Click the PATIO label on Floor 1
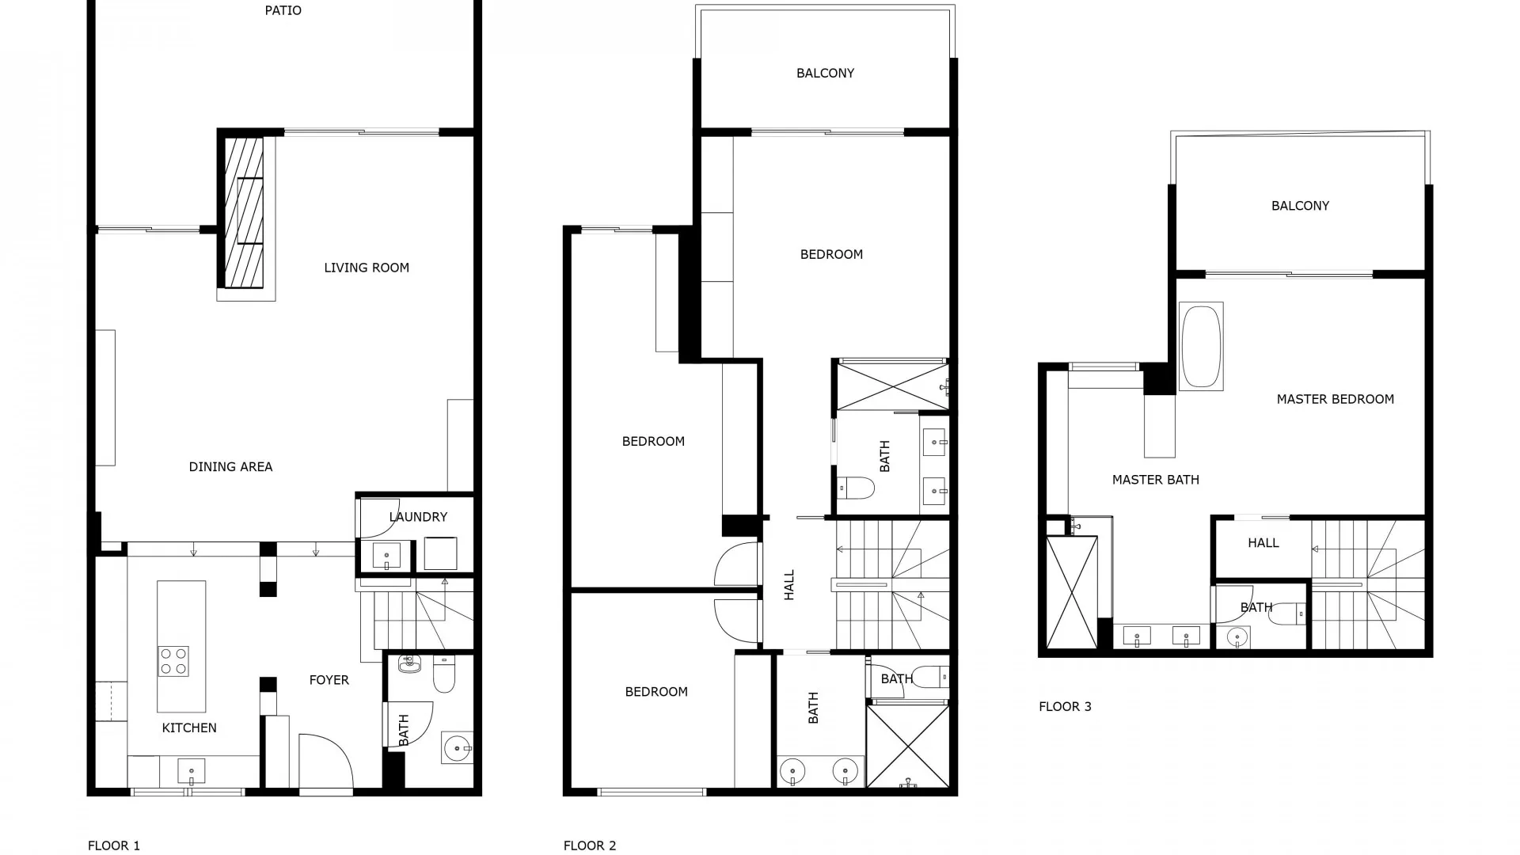[x=283, y=11]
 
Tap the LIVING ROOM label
[x=367, y=268]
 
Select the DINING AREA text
[x=230, y=467]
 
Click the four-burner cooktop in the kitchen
[x=174, y=661]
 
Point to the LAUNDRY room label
[x=418, y=517]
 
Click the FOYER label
[x=329, y=680]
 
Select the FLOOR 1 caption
[x=114, y=845]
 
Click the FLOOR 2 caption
[x=590, y=845]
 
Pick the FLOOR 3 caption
[x=1065, y=707]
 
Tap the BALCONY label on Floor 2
[x=825, y=74]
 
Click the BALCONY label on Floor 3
[x=1300, y=206]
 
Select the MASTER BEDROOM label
[x=1335, y=400]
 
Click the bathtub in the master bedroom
[x=1201, y=347]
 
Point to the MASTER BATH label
[x=1155, y=480]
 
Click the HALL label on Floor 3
[x=1263, y=543]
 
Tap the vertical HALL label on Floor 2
[x=789, y=585]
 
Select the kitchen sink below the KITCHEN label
[x=192, y=770]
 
